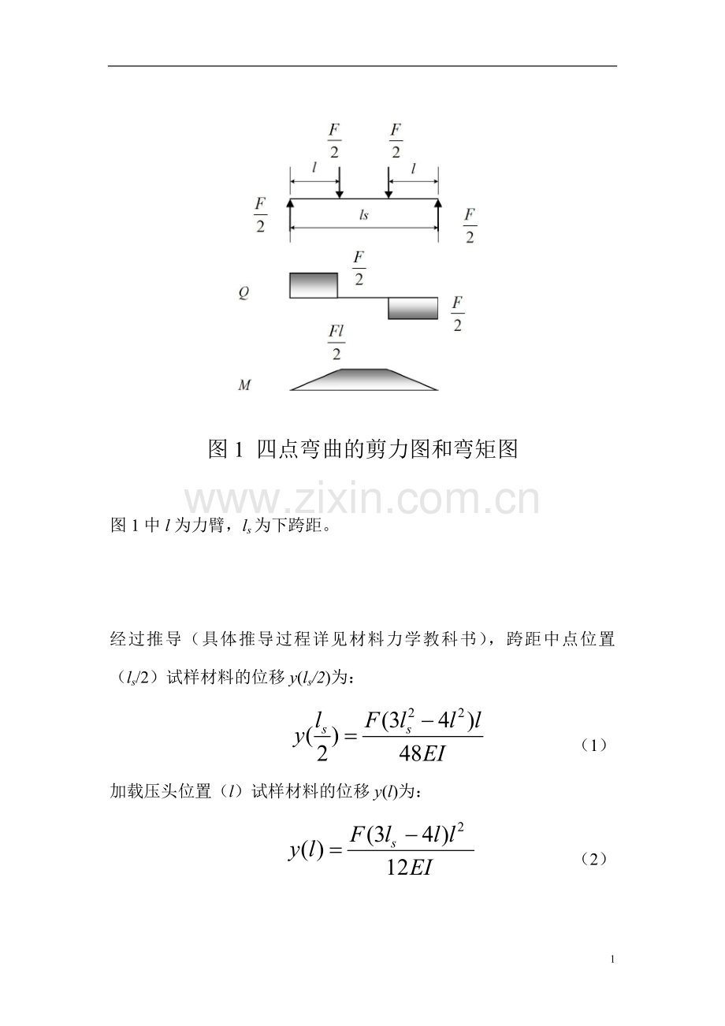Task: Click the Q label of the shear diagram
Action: [x=244, y=292]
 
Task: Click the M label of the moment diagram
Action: [x=244, y=385]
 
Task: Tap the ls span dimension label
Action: [x=363, y=215]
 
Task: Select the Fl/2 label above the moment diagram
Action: [x=336, y=343]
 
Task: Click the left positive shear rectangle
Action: [x=314, y=285]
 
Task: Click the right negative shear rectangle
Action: [x=413, y=308]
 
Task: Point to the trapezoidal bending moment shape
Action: [x=364, y=380]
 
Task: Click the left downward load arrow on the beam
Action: [x=340, y=182]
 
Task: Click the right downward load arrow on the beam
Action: [x=389, y=182]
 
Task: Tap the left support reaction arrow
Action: [x=290, y=220]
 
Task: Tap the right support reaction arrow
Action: [x=438, y=220]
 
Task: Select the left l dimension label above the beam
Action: [x=314, y=168]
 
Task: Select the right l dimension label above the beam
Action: [x=413, y=169]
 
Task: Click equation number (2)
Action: [x=593, y=859]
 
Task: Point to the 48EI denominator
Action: [x=422, y=753]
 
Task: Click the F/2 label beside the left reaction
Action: [x=261, y=214]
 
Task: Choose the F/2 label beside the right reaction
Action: [x=470, y=225]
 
